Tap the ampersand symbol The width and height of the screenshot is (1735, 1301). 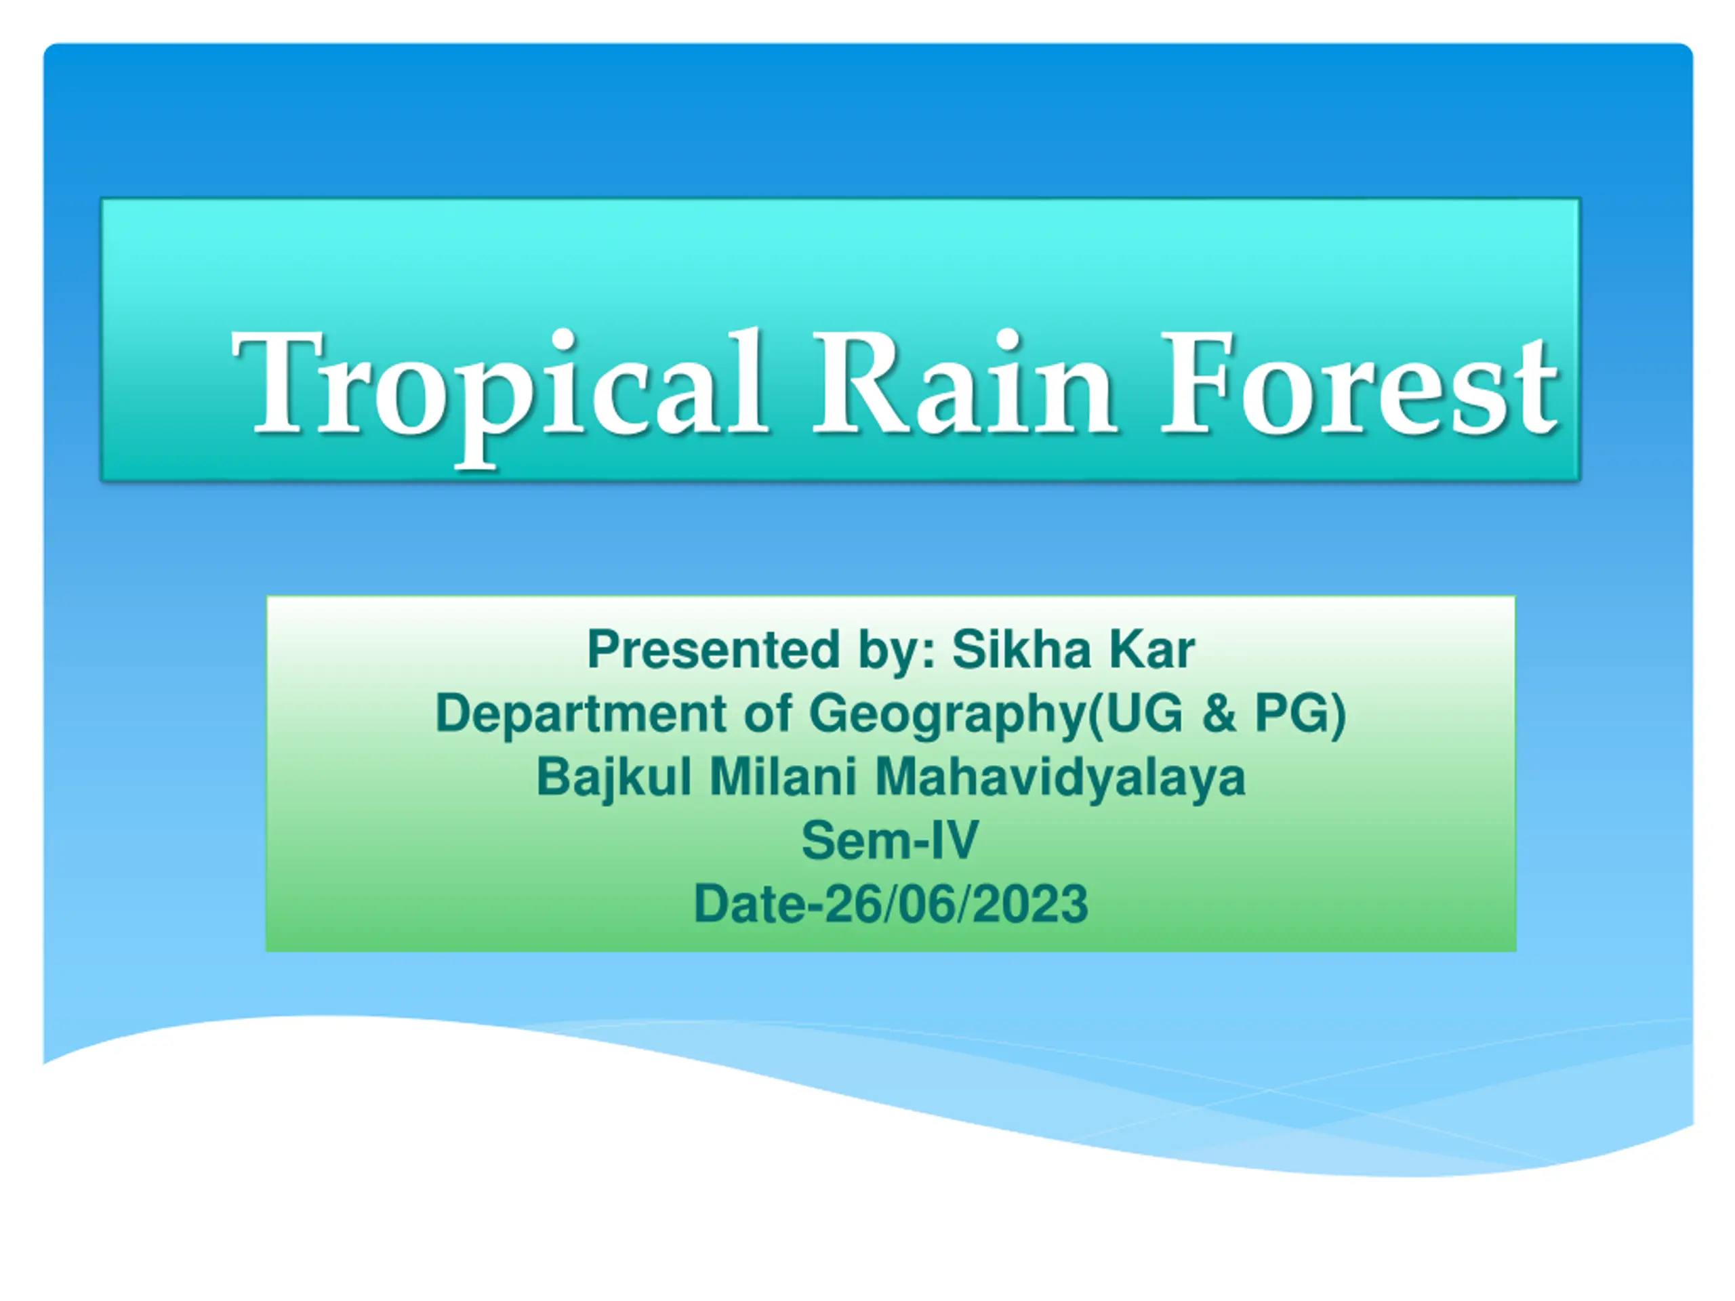click(x=1219, y=714)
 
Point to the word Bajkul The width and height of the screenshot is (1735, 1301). click(x=614, y=779)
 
